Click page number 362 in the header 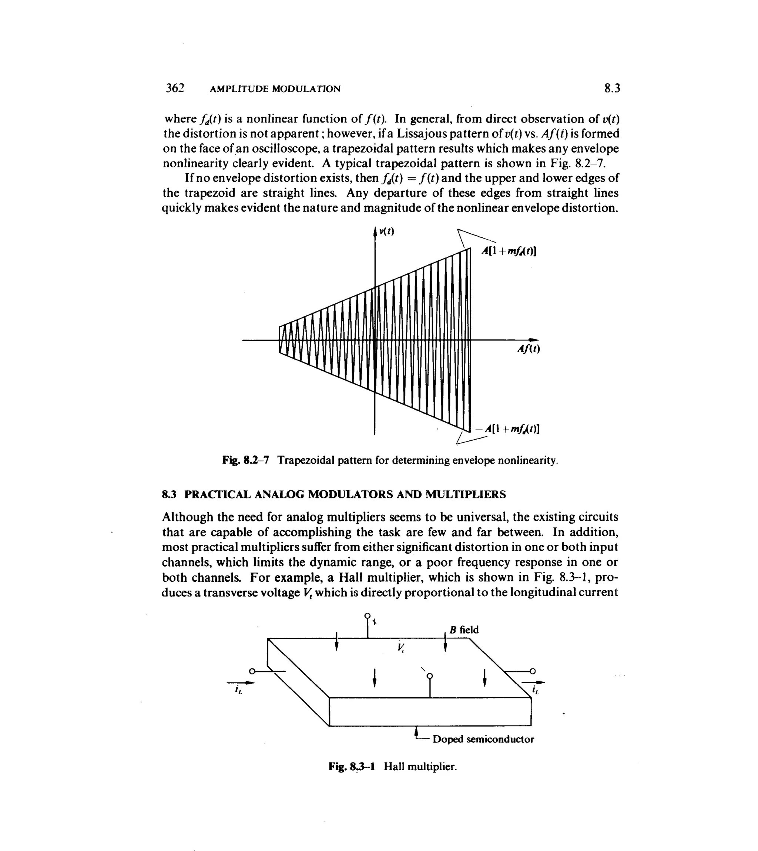point(175,89)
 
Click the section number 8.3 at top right point(612,89)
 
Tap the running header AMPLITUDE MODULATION point(275,89)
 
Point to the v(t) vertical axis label point(386,232)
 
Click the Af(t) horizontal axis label point(529,349)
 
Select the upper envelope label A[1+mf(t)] point(509,251)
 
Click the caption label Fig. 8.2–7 point(246,461)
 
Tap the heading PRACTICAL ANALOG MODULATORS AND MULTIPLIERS point(345,495)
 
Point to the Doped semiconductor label point(483,739)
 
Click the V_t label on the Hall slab point(401,647)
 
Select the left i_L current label point(238,691)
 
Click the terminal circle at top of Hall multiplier point(367,615)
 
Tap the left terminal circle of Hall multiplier point(252,671)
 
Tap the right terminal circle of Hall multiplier point(532,671)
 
